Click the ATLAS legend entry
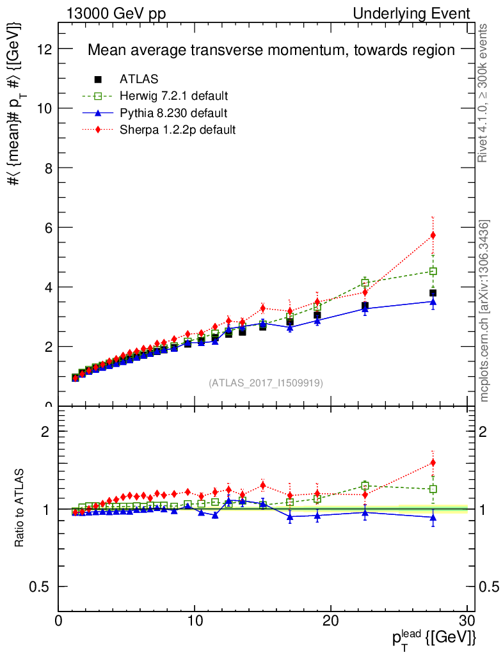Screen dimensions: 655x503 [x=139, y=79]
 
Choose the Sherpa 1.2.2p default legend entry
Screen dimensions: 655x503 [x=177, y=130]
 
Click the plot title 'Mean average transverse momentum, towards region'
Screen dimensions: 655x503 [x=271, y=50]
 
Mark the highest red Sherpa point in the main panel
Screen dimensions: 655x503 [x=433, y=235]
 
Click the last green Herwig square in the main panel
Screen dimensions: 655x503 [x=433, y=271]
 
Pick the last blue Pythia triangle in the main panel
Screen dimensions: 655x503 [x=433, y=301]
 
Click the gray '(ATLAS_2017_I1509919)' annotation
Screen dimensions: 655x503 [x=266, y=383]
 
